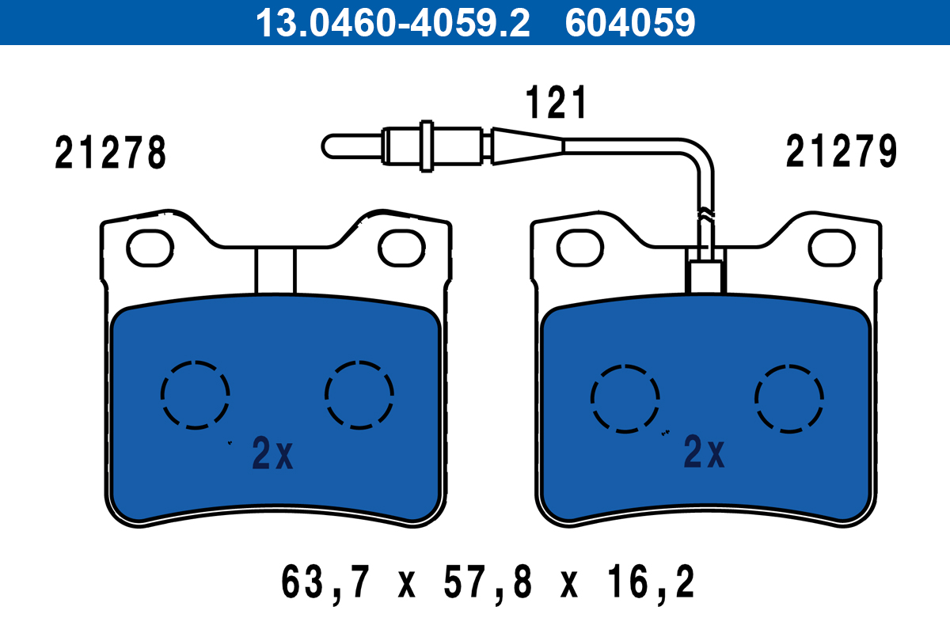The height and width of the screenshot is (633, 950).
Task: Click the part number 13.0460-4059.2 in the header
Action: [x=393, y=23]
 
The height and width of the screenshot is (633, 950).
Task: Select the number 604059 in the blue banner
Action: [x=630, y=23]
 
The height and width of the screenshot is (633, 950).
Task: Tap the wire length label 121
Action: [x=556, y=102]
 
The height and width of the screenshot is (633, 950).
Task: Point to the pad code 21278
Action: [x=110, y=153]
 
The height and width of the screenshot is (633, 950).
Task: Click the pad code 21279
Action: [x=842, y=151]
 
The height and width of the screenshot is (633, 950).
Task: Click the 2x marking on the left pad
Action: [x=272, y=453]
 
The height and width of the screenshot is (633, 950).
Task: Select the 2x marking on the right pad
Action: [x=704, y=452]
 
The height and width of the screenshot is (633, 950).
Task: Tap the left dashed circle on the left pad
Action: [x=161, y=395]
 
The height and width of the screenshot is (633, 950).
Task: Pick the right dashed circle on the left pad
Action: [x=325, y=395]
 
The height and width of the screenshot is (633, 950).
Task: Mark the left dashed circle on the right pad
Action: [x=591, y=399]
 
